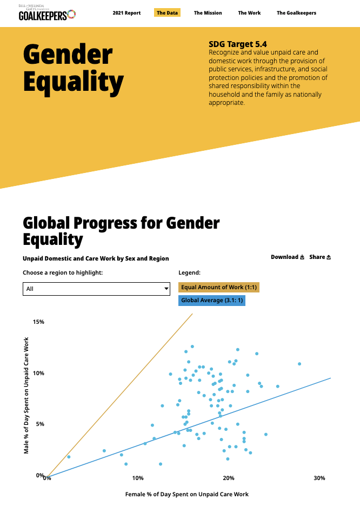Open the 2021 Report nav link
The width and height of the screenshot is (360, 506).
(x=126, y=13)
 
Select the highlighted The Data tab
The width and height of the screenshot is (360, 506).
(x=168, y=13)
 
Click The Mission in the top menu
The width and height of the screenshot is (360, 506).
(x=208, y=13)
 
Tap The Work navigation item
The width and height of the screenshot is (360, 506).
(x=249, y=13)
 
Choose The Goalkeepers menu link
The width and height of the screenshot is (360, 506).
(x=296, y=13)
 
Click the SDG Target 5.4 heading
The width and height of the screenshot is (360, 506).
(x=238, y=44)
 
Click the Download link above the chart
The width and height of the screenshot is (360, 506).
(x=288, y=257)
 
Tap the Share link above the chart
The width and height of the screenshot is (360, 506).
(x=320, y=257)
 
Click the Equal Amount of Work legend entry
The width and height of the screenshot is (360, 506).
(x=219, y=287)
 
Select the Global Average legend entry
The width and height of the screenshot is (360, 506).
(x=212, y=300)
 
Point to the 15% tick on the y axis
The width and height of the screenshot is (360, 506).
(x=38, y=322)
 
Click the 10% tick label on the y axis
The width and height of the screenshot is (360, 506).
(x=38, y=373)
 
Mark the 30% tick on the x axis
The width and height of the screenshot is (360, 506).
(x=319, y=478)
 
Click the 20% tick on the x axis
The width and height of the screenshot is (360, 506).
(x=228, y=478)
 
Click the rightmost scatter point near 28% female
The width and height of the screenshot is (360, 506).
(x=299, y=364)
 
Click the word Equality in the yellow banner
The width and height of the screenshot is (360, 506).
(x=74, y=82)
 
